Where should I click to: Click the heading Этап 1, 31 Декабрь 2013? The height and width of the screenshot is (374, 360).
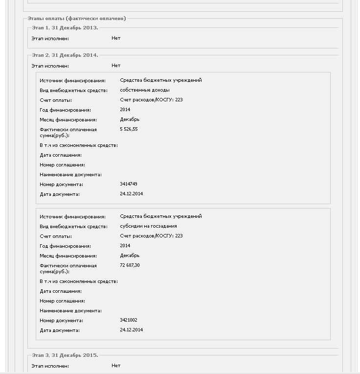pyautogui.click(x=65, y=28)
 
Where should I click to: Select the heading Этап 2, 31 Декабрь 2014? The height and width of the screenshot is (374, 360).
pyautogui.click(x=65, y=55)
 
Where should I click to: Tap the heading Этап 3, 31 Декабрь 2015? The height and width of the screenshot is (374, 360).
pyautogui.click(x=65, y=355)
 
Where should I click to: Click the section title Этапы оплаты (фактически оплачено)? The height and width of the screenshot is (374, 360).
pyautogui.click(x=77, y=18)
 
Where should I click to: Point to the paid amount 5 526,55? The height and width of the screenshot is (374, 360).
pyautogui.click(x=129, y=129)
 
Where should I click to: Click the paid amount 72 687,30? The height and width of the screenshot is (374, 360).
pyautogui.click(x=130, y=265)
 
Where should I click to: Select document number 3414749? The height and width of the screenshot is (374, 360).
pyautogui.click(x=129, y=184)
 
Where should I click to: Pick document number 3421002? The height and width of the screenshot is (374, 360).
pyautogui.click(x=129, y=320)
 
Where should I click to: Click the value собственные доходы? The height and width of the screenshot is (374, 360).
pyautogui.click(x=146, y=90)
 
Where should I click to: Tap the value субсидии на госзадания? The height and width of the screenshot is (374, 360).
pyautogui.click(x=148, y=226)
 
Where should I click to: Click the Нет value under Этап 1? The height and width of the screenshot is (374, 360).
pyautogui.click(x=116, y=38)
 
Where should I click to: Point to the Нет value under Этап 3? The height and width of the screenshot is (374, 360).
pyautogui.click(x=116, y=366)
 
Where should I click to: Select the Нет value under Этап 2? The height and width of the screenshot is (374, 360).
pyautogui.click(x=116, y=66)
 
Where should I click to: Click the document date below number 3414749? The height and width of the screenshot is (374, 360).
pyautogui.click(x=131, y=194)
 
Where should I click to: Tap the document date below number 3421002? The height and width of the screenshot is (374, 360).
pyautogui.click(x=131, y=330)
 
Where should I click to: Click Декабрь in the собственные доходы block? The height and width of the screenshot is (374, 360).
pyautogui.click(x=130, y=119)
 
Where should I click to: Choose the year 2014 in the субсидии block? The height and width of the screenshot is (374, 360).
pyautogui.click(x=125, y=246)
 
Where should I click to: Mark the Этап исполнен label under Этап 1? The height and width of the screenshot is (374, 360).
pyautogui.click(x=50, y=38)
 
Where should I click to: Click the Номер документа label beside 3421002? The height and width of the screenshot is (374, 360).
pyautogui.click(x=62, y=321)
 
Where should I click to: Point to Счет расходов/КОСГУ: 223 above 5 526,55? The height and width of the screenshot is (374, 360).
pyautogui.click(x=151, y=100)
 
